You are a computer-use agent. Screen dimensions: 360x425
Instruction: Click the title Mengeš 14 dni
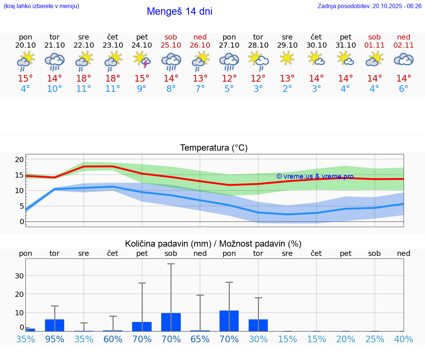[x=179, y=11]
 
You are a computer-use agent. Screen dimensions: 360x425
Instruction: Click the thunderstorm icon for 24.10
[x=142, y=60]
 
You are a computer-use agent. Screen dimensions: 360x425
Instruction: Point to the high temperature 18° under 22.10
[x=84, y=79]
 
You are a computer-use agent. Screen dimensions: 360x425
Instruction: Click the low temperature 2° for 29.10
[x=287, y=89]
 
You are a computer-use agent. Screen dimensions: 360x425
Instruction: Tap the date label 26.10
[x=200, y=45]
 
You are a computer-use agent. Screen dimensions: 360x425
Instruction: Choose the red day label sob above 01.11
[x=374, y=37]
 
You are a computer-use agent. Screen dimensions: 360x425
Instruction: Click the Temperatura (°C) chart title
[x=214, y=148]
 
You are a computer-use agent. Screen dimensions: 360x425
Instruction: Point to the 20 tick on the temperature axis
[x=19, y=160]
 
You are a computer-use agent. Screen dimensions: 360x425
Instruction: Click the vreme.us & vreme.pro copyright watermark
[x=315, y=176]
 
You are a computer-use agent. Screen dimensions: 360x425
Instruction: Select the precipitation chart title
[x=213, y=244]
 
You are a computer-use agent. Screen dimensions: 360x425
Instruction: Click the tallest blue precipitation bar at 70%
[x=229, y=321]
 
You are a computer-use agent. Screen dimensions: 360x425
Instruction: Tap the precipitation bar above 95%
[x=55, y=325]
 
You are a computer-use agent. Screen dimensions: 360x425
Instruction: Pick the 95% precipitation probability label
[x=55, y=339]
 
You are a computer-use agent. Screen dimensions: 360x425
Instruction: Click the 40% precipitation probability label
[x=404, y=339]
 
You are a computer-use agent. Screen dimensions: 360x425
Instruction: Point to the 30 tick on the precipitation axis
[x=19, y=276]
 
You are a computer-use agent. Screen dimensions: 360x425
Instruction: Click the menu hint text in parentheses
[x=41, y=6]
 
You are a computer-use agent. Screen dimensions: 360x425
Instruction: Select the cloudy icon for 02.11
[x=404, y=59]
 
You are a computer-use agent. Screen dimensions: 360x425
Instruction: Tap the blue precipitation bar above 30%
[x=258, y=325]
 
